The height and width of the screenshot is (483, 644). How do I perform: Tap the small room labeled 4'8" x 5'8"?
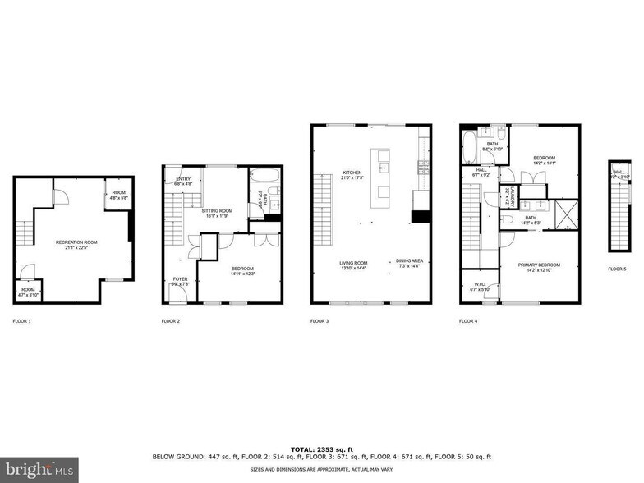(119, 195)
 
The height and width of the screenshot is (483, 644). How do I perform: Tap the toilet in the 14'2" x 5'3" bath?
(509, 220)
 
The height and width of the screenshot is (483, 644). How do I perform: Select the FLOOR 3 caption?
(320, 321)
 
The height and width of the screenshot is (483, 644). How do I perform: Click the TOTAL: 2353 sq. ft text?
(321, 449)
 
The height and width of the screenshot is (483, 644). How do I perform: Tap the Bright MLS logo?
(39, 470)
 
